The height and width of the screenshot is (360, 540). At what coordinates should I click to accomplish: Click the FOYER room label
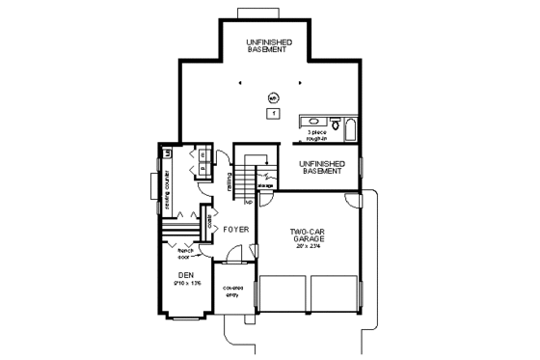click(236, 231)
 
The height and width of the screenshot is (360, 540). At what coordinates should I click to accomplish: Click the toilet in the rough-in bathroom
click(334, 124)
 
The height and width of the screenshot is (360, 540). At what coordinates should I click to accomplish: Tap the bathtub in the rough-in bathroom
click(351, 125)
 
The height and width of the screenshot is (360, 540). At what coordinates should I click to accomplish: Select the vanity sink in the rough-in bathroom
click(313, 123)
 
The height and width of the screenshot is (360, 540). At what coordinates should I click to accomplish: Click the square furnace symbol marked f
click(274, 114)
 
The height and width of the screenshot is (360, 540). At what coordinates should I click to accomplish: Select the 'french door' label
click(185, 254)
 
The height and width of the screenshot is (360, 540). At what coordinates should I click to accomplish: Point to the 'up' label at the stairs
click(248, 203)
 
